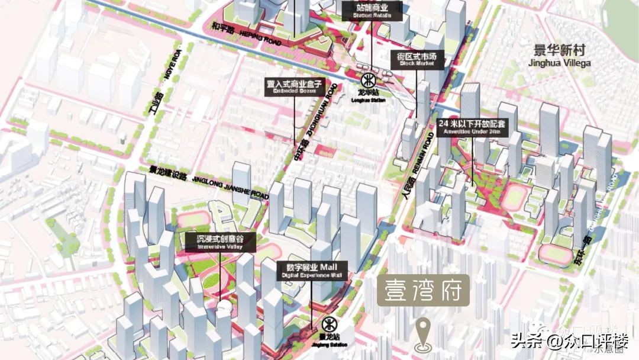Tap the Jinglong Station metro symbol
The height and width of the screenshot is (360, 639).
[328, 324]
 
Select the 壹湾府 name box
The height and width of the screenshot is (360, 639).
[424, 291]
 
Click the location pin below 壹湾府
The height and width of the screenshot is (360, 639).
[423, 335]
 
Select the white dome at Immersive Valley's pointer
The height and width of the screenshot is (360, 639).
[223, 308]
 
